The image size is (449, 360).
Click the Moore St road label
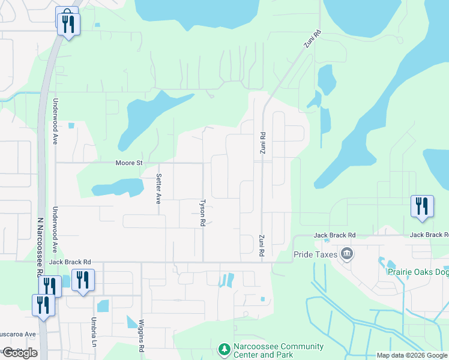tap(129, 163)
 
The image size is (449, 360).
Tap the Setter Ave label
tap(158, 189)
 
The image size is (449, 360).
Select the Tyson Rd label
tap(202, 212)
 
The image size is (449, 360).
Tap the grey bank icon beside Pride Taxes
tap(346, 254)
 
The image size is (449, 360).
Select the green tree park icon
tap(223, 349)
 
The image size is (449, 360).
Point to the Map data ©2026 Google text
tap(412, 355)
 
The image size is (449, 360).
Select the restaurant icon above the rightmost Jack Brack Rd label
tap(421, 206)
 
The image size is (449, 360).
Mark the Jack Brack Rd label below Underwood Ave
tap(70, 262)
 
